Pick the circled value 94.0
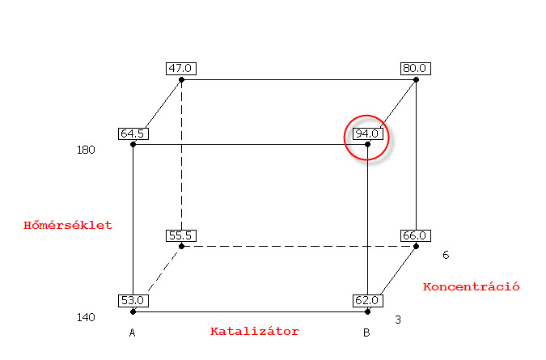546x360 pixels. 366,133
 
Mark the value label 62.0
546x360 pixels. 366,300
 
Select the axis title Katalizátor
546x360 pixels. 255,331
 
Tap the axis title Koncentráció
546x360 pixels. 471,286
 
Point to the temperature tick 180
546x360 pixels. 87,150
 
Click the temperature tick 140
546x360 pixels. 87,317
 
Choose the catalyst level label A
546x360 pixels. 132,332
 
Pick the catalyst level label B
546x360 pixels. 366,332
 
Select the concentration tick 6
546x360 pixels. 446,256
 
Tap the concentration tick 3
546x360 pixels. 398,320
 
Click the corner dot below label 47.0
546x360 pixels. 181,80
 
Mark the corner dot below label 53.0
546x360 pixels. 133,311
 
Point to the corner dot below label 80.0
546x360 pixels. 416,80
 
